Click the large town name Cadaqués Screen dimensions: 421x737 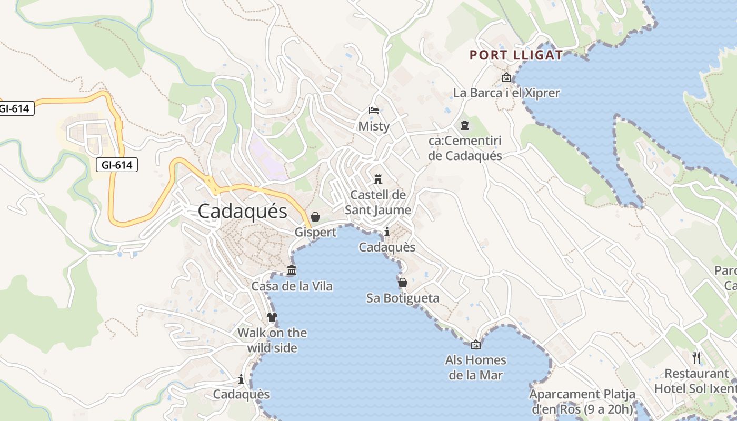(243, 212)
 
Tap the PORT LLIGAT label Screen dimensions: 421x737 (516, 55)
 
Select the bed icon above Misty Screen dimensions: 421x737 (373, 111)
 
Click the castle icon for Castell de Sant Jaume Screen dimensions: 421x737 (377, 179)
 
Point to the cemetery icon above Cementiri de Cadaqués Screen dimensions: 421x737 (465, 125)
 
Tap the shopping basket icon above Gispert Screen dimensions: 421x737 (315, 217)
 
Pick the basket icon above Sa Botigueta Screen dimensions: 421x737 (403, 283)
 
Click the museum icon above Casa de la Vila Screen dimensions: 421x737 (292, 270)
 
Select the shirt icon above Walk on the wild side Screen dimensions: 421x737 (272, 317)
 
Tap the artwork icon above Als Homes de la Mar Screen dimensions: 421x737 (476, 345)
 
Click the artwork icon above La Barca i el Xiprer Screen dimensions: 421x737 (506, 78)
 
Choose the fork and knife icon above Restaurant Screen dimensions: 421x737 (696, 358)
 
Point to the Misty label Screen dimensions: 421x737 (374, 126)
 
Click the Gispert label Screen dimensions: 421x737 (315, 232)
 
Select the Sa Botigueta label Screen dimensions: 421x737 (403, 298)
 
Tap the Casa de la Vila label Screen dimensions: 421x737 (292, 286)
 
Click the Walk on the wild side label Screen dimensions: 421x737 (272, 340)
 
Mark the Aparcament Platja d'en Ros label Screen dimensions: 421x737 (582, 402)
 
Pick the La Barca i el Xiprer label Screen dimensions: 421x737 (506, 93)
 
